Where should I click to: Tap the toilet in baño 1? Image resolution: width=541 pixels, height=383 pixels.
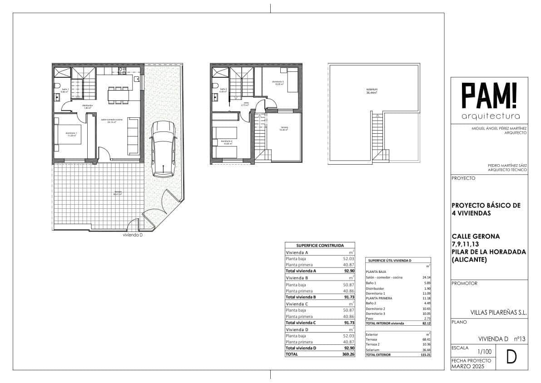coord(57,86)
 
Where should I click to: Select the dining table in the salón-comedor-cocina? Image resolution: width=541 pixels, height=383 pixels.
coord(118,95)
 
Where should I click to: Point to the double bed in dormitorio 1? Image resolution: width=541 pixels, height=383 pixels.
coord(68,135)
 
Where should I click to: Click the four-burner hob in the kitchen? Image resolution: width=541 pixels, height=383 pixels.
coord(122,71)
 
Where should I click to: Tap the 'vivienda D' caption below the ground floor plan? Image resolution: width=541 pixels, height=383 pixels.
coord(133,236)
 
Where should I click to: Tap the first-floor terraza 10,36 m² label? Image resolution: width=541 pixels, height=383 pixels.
coord(283,129)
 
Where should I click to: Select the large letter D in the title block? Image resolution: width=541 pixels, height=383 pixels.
coord(511,358)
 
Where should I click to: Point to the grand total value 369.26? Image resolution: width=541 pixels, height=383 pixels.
coord(347,354)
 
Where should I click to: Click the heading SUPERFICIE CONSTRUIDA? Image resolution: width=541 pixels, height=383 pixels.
coord(320,245)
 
